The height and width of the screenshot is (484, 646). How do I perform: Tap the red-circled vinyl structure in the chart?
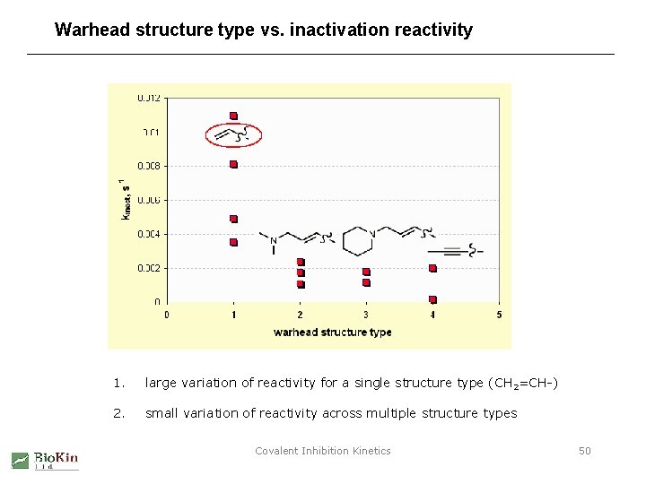coord(233,134)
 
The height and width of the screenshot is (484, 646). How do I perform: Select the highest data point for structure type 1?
coord(233,116)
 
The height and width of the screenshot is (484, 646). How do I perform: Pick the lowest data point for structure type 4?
coord(432,299)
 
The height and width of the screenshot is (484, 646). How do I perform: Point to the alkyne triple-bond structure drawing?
coord(462,250)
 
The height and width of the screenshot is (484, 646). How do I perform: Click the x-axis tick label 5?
coord(499,315)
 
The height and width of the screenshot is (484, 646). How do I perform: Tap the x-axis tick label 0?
coord(167,315)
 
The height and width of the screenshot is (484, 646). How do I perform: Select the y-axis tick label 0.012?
coord(150,98)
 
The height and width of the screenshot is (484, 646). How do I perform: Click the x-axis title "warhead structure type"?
coord(332,333)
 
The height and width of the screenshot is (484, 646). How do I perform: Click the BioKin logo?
coord(45,460)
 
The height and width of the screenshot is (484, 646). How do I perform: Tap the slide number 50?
coord(584,451)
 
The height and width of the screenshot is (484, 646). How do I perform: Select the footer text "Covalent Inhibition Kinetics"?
coord(323,451)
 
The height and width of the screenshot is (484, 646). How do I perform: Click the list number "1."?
coord(118,384)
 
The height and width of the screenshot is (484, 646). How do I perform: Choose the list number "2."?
coord(118,413)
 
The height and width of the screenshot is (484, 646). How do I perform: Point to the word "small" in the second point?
coord(161,413)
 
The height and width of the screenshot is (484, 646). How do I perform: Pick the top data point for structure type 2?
coord(301,262)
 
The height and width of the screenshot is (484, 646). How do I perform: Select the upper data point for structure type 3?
coord(366,272)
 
